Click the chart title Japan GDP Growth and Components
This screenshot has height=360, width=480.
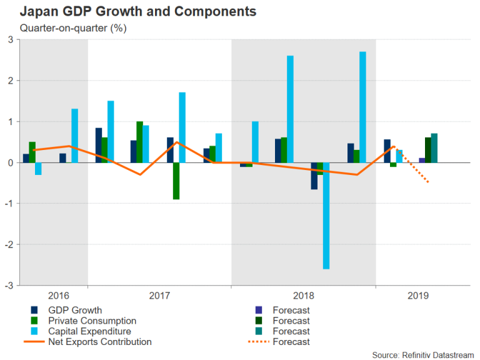point(129,11)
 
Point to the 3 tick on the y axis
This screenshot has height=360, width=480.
point(10,40)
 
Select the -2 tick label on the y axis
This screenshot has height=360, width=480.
point(9,244)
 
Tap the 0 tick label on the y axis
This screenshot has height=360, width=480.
point(10,162)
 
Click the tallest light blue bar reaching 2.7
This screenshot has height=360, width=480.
point(362,107)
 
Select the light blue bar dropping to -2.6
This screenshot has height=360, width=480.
point(326,216)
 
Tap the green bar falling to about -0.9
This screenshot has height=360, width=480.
point(176,181)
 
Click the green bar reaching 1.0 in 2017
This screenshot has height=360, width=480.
point(140,142)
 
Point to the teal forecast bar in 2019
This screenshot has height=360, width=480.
point(434,148)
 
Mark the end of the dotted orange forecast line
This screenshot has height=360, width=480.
point(428,182)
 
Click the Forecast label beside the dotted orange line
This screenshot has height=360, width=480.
point(291,342)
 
